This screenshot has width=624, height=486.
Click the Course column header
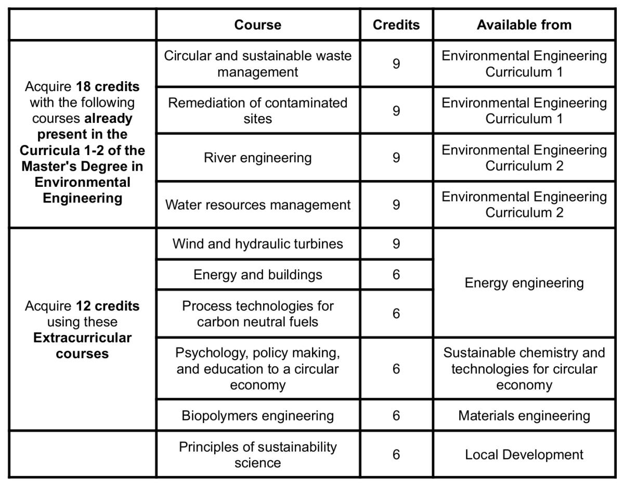(x=257, y=25)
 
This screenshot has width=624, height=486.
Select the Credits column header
(x=396, y=25)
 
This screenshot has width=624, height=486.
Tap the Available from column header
(x=524, y=25)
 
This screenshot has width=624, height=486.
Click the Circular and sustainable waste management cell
(x=257, y=63)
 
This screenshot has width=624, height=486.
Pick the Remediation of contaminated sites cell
(x=257, y=110)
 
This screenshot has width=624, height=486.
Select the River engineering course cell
(x=257, y=158)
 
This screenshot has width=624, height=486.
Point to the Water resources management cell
(x=257, y=205)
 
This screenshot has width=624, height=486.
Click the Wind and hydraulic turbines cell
(x=257, y=244)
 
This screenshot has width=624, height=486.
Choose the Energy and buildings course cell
(x=257, y=275)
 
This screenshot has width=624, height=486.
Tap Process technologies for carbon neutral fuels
(x=257, y=313)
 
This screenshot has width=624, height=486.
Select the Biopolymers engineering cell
(x=257, y=416)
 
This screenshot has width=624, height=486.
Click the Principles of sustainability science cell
(x=257, y=454)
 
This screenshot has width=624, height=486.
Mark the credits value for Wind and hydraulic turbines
(x=396, y=244)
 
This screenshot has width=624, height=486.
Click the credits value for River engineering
(x=396, y=158)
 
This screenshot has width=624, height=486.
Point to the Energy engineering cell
(x=524, y=283)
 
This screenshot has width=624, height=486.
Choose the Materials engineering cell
(x=524, y=416)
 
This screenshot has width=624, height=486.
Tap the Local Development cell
(x=524, y=455)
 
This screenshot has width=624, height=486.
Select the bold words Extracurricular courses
(x=82, y=346)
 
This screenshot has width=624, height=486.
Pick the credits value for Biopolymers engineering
(x=396, y=416)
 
